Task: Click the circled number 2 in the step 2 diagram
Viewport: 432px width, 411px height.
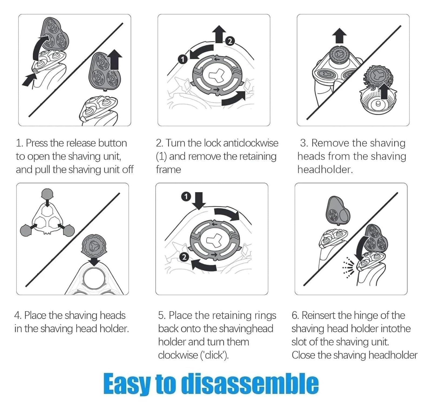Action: (x=230, y=41)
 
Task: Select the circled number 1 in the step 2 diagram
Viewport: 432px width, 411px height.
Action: (x=183, y=59)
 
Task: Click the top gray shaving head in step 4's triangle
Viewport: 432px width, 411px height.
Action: (x=47, y=194)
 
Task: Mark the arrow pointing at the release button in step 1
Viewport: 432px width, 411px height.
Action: (x=29, y=80)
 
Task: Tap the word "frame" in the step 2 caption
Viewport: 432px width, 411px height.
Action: (x=168, y=170)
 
